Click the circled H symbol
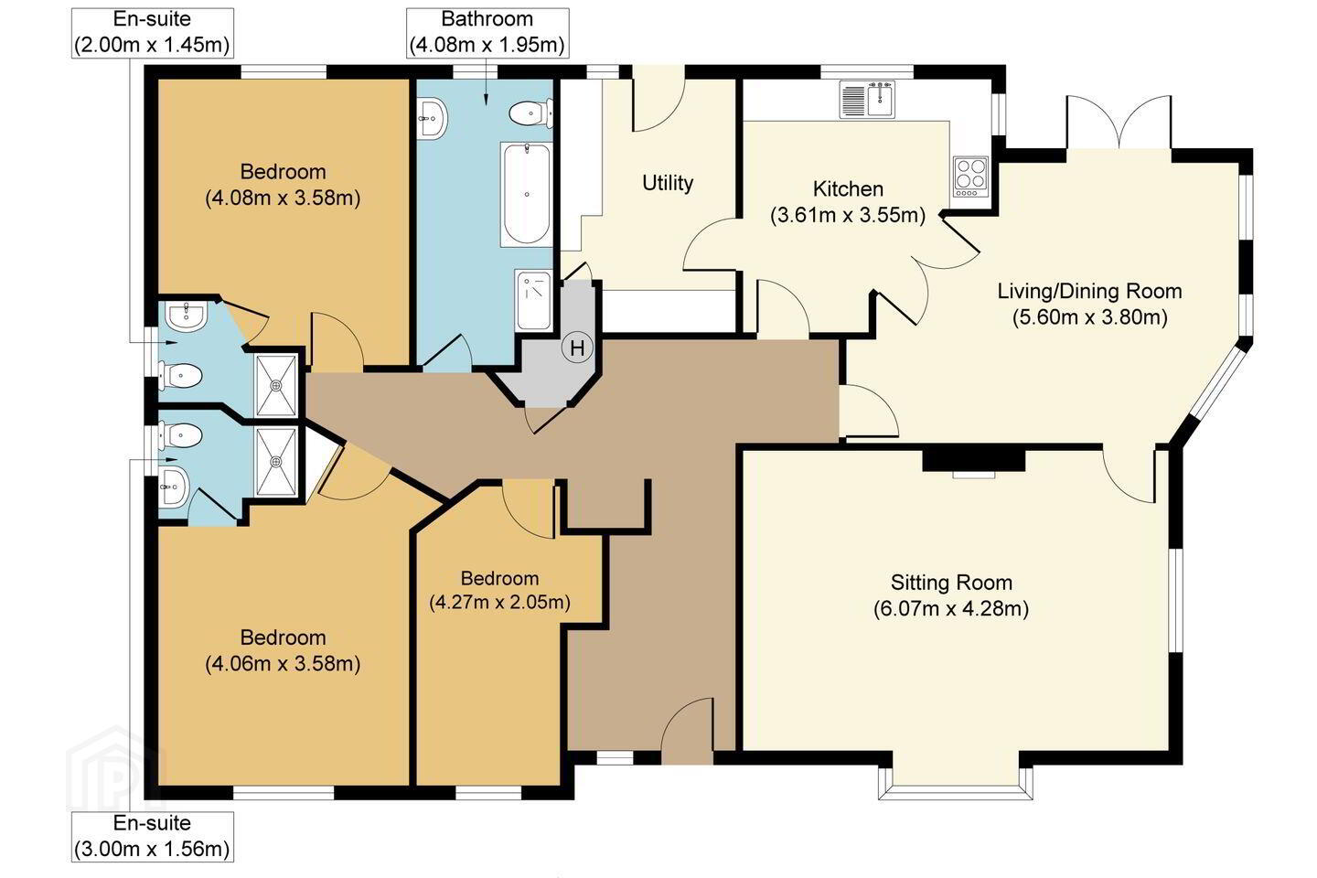coord(577,348)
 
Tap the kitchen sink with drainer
coord(867,99)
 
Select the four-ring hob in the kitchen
coord(970,177)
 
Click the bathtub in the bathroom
coord(526,194)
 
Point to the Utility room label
coord(668,183)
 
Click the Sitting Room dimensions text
coord(951,608)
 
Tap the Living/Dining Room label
coord(1089,291)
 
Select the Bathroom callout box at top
coord(487,33)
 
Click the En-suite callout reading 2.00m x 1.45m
coord(152,33)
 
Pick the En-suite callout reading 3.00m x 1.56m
coord(152,837)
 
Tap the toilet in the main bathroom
coord(530,113)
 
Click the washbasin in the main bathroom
coord(432,119)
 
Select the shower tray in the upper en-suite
coord(276,385)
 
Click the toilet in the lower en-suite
coord(180,435)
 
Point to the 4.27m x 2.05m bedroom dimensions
coord(499,602)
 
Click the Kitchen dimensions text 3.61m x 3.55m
coord(848,215)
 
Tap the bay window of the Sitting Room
coord(956,783)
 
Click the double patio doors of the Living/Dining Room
coord(1119,123)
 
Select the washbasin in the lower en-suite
coord(174,487)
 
